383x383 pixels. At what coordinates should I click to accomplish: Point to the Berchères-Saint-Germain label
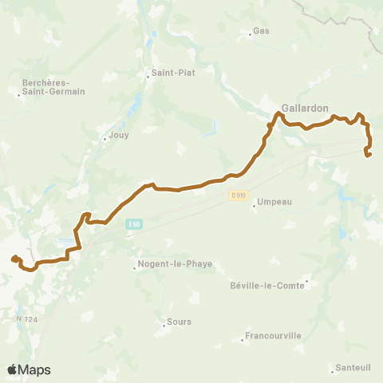(x=54, y=86)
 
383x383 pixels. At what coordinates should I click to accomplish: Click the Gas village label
(x=261, y=32)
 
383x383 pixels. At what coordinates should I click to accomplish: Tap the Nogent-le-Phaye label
(x=175, y=264)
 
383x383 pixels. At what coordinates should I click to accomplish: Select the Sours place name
(x=179, y=322)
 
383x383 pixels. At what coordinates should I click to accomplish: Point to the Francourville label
(x=274, y=336)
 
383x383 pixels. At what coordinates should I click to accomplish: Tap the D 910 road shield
(x=237, y=195)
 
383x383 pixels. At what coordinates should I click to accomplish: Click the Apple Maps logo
(x=29, y=369)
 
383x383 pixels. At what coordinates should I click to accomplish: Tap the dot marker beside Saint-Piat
(x=148, y=76)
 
